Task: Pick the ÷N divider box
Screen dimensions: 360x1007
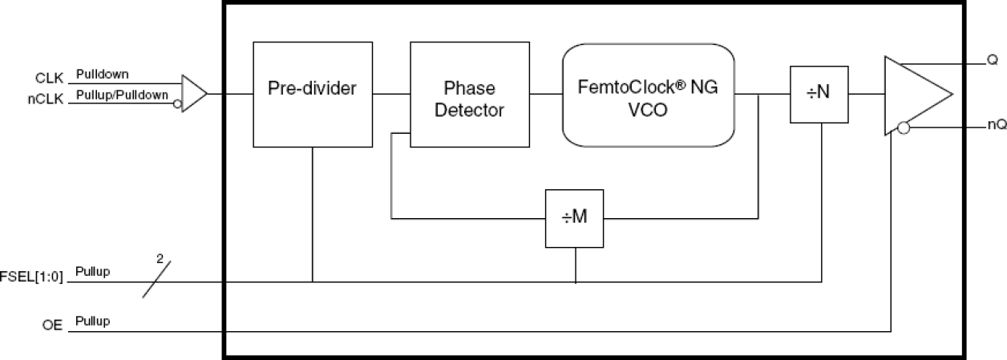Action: click(x=819, y=95)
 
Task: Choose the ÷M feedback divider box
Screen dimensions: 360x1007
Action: click(x=575, y=218)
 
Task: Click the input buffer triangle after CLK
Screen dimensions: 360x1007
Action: click(x=193, y=94)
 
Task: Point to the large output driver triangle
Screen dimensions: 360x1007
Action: click(x=914, y=95)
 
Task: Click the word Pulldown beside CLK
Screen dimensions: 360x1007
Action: click(x=102, y=75)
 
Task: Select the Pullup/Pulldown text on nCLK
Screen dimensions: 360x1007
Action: click(x=122, y=95)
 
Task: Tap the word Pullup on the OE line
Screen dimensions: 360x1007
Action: click(x=93, y=322)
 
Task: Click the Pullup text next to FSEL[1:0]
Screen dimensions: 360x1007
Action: click(x=93, y=272)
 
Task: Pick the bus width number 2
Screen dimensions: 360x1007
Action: click(x=159, y=259)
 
